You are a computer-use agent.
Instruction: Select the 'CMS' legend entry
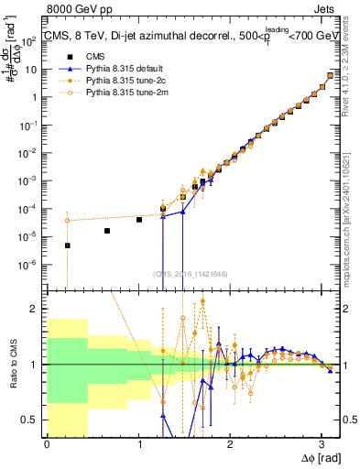click(x=84, y=57)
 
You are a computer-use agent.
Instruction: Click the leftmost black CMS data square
click(x=67, y=245)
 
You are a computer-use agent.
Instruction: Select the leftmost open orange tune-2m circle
click(x=67, y=221)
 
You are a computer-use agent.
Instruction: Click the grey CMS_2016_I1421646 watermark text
click(x=192, y=273)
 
